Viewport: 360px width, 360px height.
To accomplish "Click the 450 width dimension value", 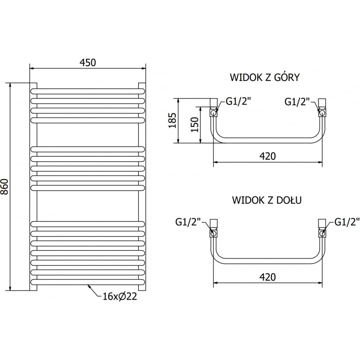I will click(x=88, y=63).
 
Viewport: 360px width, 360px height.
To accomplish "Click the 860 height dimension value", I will click(x=5, y=187).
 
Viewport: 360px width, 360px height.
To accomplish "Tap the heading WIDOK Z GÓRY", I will click(x=265, y=77).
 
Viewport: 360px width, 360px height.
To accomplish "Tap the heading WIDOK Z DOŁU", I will click(x=267, y=199).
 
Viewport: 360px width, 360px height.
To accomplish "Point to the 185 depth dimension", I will click(x=172, y=121).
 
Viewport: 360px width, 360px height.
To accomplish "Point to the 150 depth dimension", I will click(x=194, y=124).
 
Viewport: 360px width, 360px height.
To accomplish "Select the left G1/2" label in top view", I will click(x=238, y=102).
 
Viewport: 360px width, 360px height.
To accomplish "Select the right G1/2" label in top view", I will click(x=297, y=102).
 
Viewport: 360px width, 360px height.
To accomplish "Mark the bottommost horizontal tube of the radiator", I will click(x=88, y=282).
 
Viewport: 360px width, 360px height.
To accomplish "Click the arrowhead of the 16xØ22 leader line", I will click(x=90, y=286).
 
